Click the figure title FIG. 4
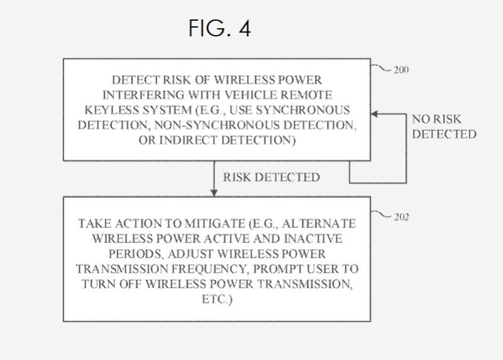(x=219, y=28)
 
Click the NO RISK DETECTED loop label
(x=444, y=126)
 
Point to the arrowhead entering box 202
(x=215, y=192)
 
